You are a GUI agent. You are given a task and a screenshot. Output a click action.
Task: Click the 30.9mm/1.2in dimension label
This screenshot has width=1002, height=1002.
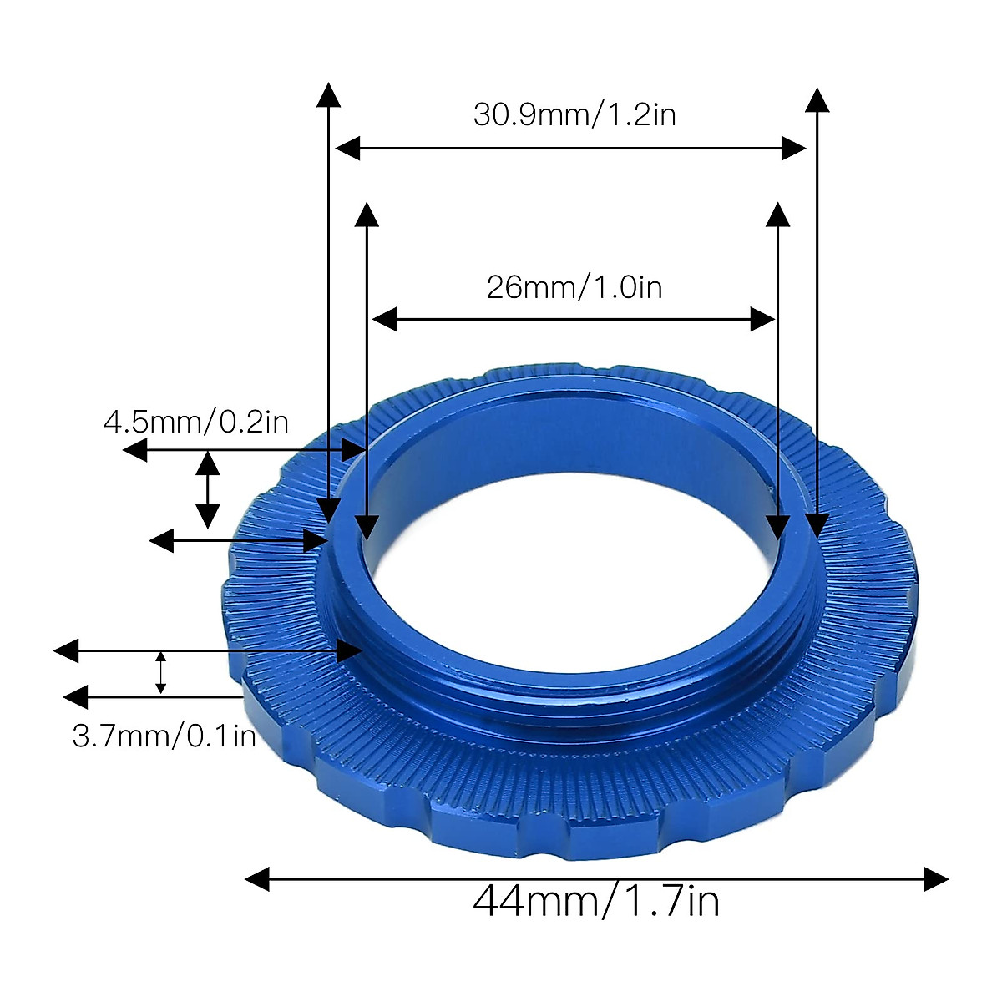click(x=574, y=114)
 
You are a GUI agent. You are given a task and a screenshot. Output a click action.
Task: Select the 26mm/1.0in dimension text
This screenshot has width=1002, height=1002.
click(x=574, y=288)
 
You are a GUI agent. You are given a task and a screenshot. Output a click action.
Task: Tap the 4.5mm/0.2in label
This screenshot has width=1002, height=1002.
click(x=196, y=422)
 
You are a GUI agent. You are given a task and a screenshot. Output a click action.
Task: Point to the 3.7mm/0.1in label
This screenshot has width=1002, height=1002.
click(x=164, y=736)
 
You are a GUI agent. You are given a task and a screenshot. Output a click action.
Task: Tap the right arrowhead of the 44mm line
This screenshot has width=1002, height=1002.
click(x=937, y=879)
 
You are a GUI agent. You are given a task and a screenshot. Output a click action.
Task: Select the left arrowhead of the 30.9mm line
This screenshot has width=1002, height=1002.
click(x=347, y=149)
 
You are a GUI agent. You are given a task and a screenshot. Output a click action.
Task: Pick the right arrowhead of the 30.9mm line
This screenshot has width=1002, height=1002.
click(x=794, y=149)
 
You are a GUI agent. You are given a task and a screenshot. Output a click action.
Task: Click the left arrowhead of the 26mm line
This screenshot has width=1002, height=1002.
click(x=384, y=319)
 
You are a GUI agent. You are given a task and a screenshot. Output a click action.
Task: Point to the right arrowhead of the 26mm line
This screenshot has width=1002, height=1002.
click(x=763, y=319)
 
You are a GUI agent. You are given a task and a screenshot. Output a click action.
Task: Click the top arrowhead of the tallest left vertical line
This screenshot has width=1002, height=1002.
click(x=329, y=94)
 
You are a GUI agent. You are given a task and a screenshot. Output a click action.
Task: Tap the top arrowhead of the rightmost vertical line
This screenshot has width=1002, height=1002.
click(x=817, y=98)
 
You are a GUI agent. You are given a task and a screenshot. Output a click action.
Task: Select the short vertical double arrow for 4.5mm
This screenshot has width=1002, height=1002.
click(x=208, y=489)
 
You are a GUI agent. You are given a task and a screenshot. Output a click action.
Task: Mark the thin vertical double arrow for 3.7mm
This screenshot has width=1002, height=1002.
click(x=161, y=673)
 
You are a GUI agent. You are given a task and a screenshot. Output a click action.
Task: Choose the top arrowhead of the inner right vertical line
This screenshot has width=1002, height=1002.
click(x=778, y=214)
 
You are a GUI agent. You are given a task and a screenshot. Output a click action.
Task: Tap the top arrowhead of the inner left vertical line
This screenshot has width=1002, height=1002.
click(x=367, y=214)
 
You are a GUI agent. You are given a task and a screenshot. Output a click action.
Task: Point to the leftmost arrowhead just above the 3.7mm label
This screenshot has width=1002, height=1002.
click(x=66, y=650)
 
